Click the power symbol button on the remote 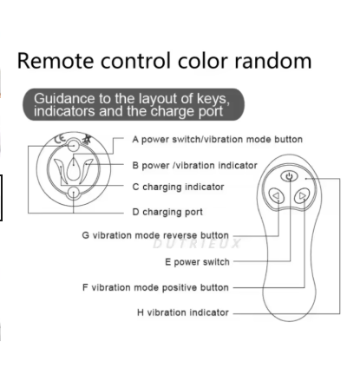(x=289, y=176)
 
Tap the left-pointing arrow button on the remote (x=276, y=196)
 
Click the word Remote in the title (x=56, y=61)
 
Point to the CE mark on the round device (x=60, y=140)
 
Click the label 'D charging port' (x=167, y=212)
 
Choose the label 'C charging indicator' (x=178, y=187)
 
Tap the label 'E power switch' (x=197, y=262)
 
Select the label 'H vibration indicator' (x=183, y=312)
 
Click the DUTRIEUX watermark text (x=197, y=244)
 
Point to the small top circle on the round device (x=74, y=146)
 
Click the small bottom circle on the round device (x=74, y=193)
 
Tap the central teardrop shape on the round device (x=74, y=170)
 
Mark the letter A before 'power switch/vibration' (x=135, y=140)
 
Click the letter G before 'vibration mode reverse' (x=85, y=235)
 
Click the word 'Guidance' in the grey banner (x=64, y=99)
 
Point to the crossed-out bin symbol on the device (x=87, y=139)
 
